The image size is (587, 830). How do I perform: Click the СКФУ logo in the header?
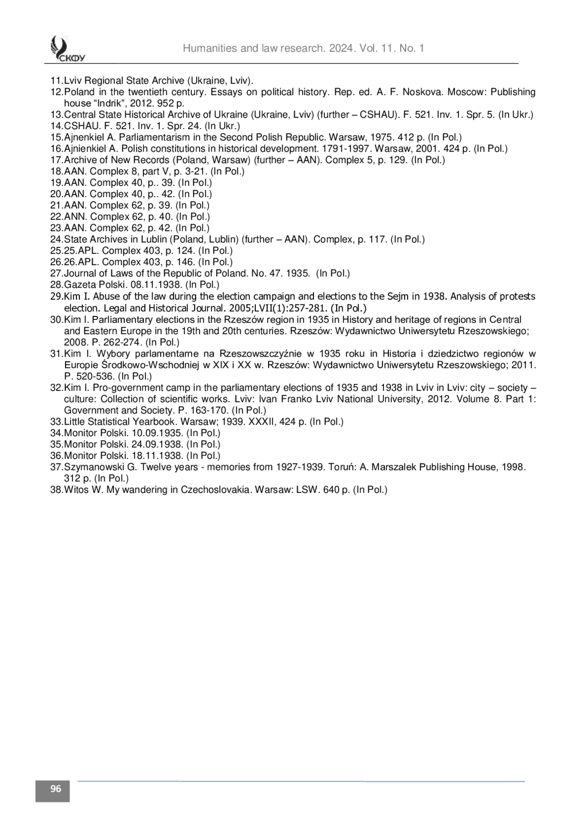point(66,49)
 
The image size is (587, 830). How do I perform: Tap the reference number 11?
point(56,81)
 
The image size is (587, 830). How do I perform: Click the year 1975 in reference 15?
point(377,137)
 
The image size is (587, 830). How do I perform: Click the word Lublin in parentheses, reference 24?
point(225,239)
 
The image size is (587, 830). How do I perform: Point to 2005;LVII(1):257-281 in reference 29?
point(278,308)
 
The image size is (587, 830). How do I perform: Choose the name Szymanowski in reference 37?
point(91,467)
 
